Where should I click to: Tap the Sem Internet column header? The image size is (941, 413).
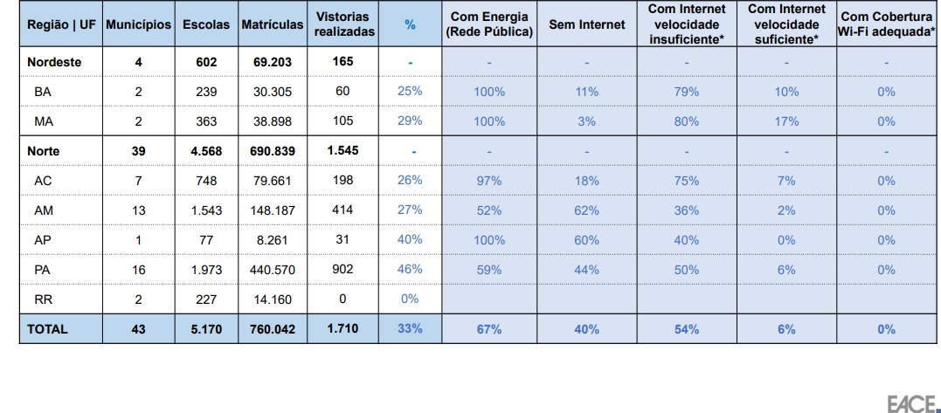pos(586,24)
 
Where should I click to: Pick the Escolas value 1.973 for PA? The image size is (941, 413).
pos(206,271)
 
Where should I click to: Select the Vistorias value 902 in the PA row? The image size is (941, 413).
pos(342,271)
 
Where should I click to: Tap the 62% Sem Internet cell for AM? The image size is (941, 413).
pos(586,210)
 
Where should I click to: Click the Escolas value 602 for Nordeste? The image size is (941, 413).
pos(206,63)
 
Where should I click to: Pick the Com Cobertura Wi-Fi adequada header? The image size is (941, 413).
pos(886,24)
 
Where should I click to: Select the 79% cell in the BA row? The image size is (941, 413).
pos(686,92)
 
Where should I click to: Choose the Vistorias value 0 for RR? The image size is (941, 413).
pos(342,299)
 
